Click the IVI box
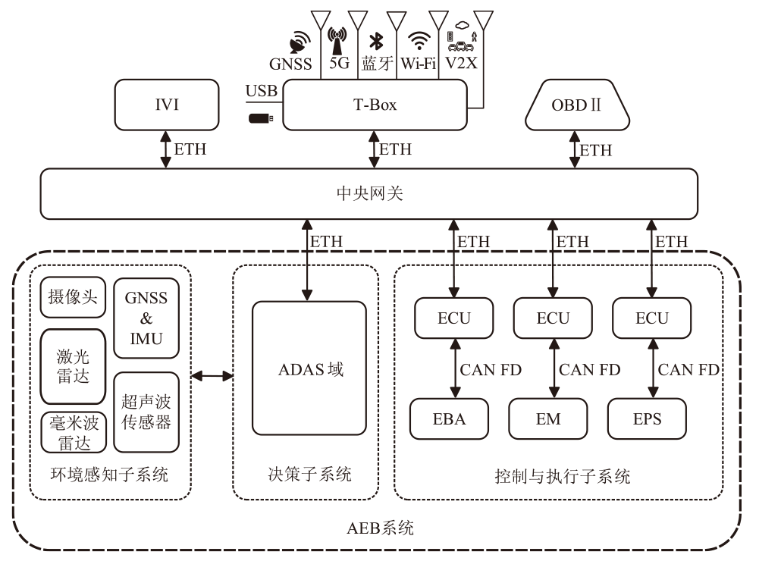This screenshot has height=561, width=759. tap(166, 105)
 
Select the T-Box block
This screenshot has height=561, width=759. tap(375, 105)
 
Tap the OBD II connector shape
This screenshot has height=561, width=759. tap(576, 105)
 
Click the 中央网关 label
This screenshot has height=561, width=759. tap(369, 194)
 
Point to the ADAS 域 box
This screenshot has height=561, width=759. tap(309, 368)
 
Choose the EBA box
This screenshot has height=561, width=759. tap(450, 418)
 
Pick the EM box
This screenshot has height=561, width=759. tap(548, 418)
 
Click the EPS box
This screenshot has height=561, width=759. tap(647, 418)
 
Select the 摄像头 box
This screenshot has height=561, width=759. tap(73, 297)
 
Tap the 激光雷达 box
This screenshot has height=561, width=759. tap(73, 365)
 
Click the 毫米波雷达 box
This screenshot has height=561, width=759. tap(73, 432)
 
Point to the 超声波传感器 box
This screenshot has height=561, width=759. tap(146, 412)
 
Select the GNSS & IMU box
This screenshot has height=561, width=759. tap(146, 318)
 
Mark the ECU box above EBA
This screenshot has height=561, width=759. tap(453, 318)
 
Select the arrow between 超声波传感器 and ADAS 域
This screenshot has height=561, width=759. tap(212, 375)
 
